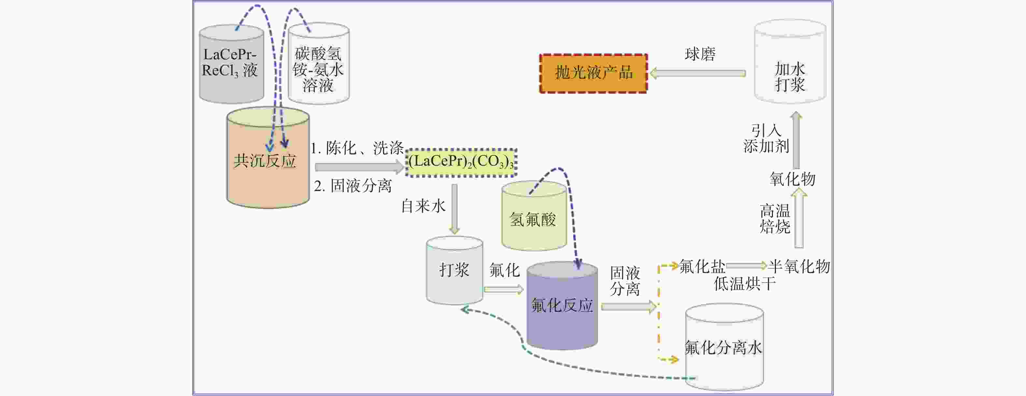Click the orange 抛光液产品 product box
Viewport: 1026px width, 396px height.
593,73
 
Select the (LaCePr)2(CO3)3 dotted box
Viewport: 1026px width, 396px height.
461,162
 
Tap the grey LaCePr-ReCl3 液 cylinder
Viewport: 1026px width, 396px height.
231,64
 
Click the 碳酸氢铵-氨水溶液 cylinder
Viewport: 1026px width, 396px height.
319,64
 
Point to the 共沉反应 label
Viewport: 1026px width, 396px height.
265,161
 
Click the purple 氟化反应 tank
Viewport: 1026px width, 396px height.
562,306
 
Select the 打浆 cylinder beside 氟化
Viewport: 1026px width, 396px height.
454,271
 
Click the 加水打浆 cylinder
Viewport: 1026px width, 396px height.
790,61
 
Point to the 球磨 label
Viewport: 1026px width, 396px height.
700,54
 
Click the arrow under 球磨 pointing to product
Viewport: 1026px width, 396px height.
697,73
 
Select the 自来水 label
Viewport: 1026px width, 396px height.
423,206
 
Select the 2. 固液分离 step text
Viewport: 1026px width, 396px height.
353,186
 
